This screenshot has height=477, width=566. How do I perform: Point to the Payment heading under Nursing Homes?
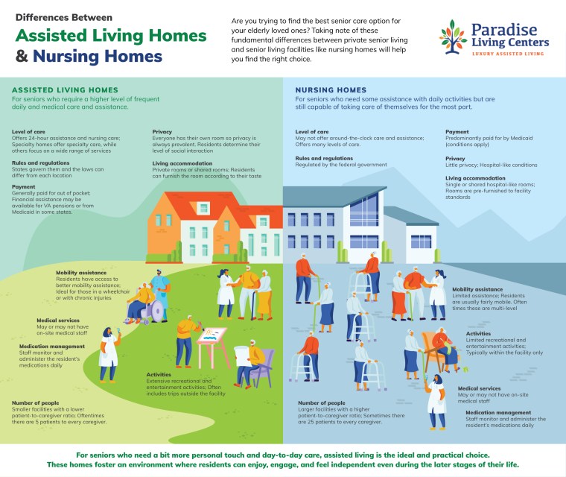(x=457, y=131)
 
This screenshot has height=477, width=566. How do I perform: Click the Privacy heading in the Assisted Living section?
(x=162, y=131)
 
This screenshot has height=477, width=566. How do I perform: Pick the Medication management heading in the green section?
(x=51, y=346)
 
